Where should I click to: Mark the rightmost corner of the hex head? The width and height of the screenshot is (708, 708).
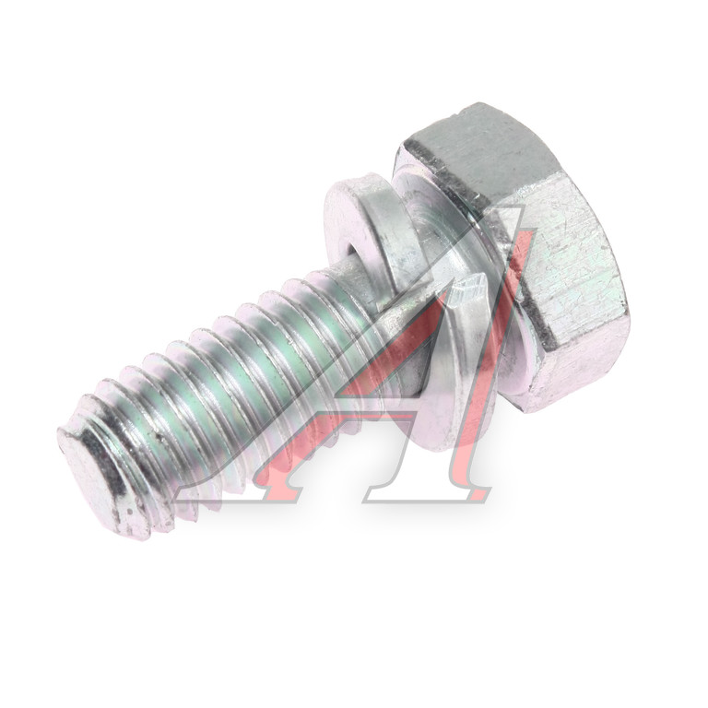point(628,312)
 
